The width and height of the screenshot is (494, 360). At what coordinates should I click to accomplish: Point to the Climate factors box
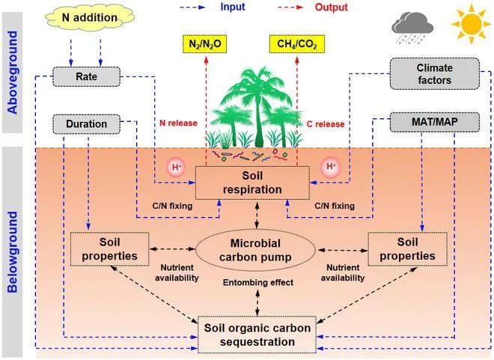point(424,75)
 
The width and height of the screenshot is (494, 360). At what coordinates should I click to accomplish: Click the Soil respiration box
point(251,182)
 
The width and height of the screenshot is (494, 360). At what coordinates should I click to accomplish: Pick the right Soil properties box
point(407,248)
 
